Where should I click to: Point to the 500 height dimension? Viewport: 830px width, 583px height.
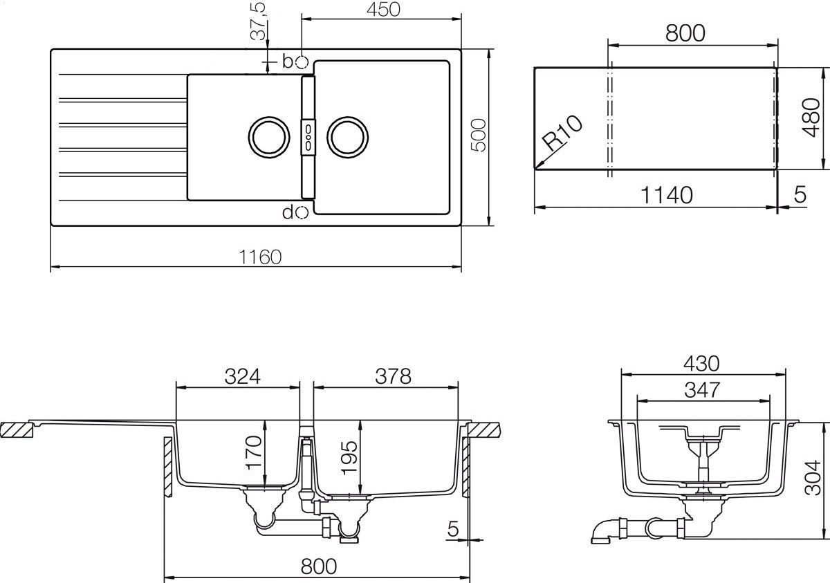point(479,136)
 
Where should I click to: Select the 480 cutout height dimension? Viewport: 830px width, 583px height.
point(810,119)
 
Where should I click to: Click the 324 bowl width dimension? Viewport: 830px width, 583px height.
point(243,376)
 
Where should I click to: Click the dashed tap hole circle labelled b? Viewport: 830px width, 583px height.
point(301,62)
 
